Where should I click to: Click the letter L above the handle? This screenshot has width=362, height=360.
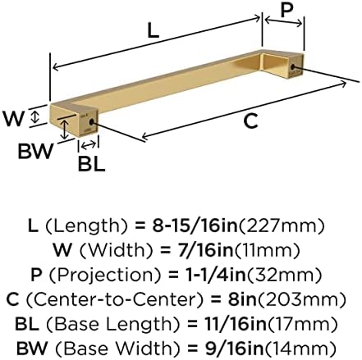153,30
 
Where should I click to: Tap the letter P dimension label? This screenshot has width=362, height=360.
286,10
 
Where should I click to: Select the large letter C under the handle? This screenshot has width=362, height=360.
250,121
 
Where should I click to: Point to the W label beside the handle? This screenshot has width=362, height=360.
14,118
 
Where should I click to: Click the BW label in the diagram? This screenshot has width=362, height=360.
35,151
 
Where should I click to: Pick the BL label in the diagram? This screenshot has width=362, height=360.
91,164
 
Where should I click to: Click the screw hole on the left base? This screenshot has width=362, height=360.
91,122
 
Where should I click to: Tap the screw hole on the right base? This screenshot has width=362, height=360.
293,66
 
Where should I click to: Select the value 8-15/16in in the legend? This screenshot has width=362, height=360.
195,226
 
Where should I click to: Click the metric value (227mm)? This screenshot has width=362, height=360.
282,226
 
